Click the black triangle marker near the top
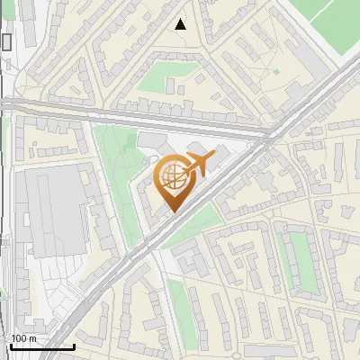click(x=181, y=24)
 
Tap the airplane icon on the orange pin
click(x=197, y=165)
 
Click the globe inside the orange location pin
click(x=173, y=180)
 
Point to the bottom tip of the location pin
click(x=172, y=212)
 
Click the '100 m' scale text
click(x=23, y=338)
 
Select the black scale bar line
click(x=41, y=346)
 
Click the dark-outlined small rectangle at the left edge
click(x=7, y=41)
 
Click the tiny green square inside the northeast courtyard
click(x=276, y=71)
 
